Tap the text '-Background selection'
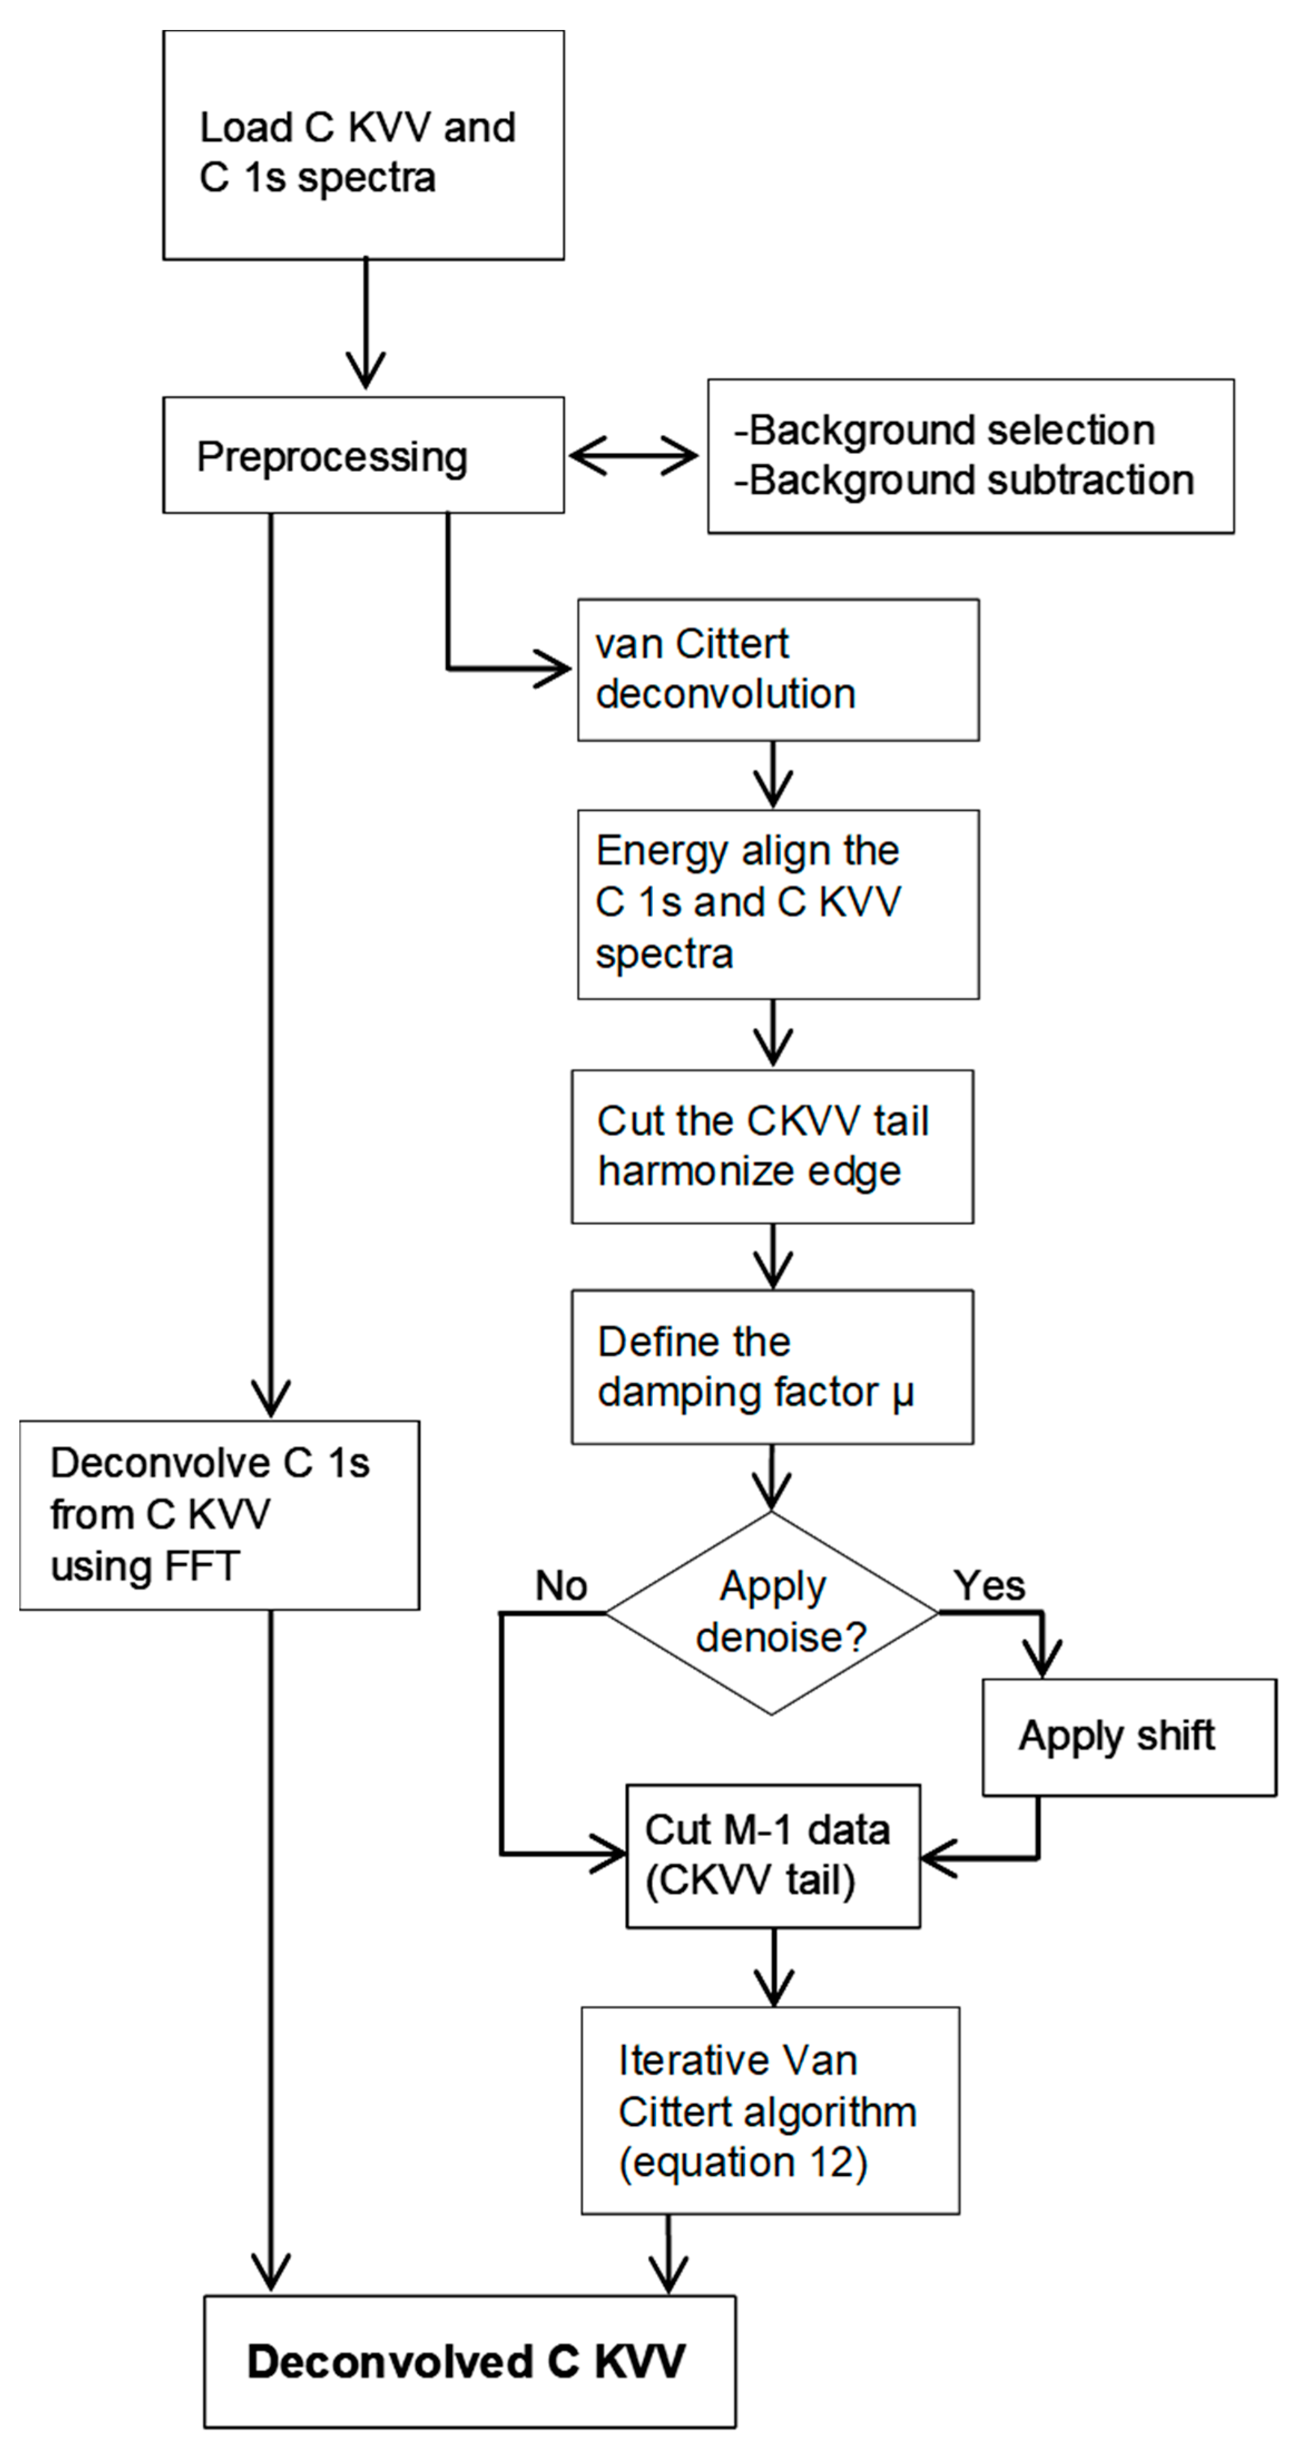point(944,431)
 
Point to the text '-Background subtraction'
point(963,481)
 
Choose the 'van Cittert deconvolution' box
point(778,669)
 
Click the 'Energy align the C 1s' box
point(778,904)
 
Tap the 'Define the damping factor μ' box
point(772,1367)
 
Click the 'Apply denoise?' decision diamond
point(772,1612)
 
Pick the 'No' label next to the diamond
point(561,1585)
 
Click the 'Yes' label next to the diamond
point(989,1585)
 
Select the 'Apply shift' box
point(1129,1736)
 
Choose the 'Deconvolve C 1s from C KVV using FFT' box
point(220,1515)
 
